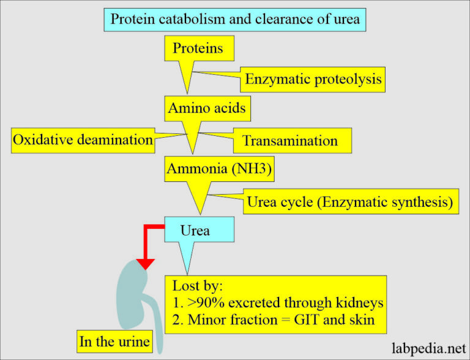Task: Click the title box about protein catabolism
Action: (x=235, y=20)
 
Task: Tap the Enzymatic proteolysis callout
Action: (x=313, y=79)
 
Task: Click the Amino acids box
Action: (x=207, y=108)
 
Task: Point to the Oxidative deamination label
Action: (x=83, y=140)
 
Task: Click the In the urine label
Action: (x=114, y=341)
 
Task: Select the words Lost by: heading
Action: (x=198, y=286)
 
